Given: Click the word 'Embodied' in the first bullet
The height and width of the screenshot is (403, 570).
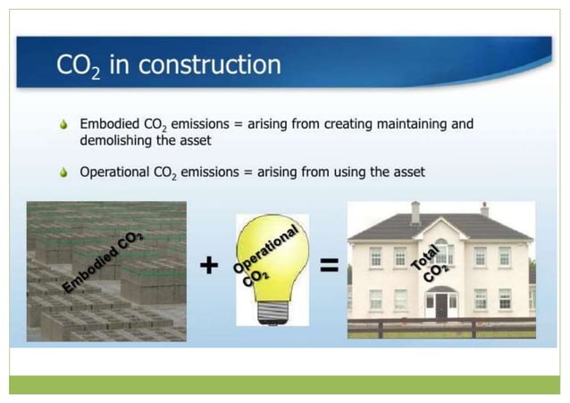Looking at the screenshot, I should click(x=110, y=124).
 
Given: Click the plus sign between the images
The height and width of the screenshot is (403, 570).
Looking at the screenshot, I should click(x=209, y=265).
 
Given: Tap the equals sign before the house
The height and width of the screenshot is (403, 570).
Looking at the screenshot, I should click(x=328, y=265).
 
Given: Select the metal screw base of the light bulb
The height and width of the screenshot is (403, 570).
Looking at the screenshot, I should click(x=269, y=311).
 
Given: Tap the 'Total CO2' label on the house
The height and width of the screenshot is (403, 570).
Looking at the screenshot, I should click(x=429, y=260).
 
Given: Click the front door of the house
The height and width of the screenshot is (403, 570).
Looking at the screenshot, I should click(x=441, y=306).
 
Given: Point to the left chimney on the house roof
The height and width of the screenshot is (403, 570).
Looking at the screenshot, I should click(x=415, y=211).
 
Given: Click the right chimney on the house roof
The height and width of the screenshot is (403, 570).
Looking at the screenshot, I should click(x=484, y=209).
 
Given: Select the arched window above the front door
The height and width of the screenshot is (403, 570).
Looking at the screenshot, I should click(x=441, y=250).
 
